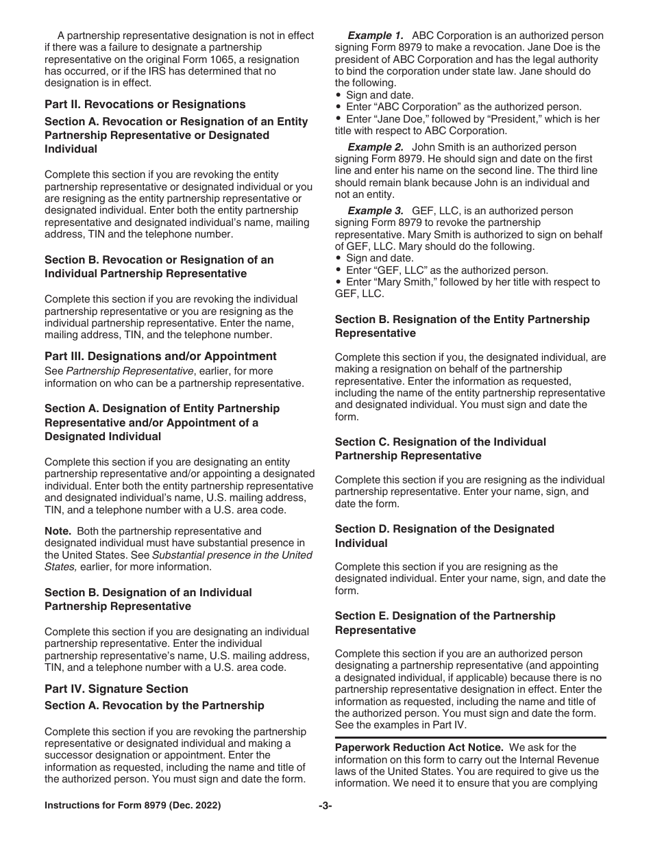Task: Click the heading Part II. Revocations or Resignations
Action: point(145,105)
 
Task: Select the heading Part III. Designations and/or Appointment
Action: point(160,356)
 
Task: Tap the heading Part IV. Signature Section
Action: point(116,689)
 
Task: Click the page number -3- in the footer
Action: point(325,806)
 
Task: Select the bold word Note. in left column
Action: point(58,531)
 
